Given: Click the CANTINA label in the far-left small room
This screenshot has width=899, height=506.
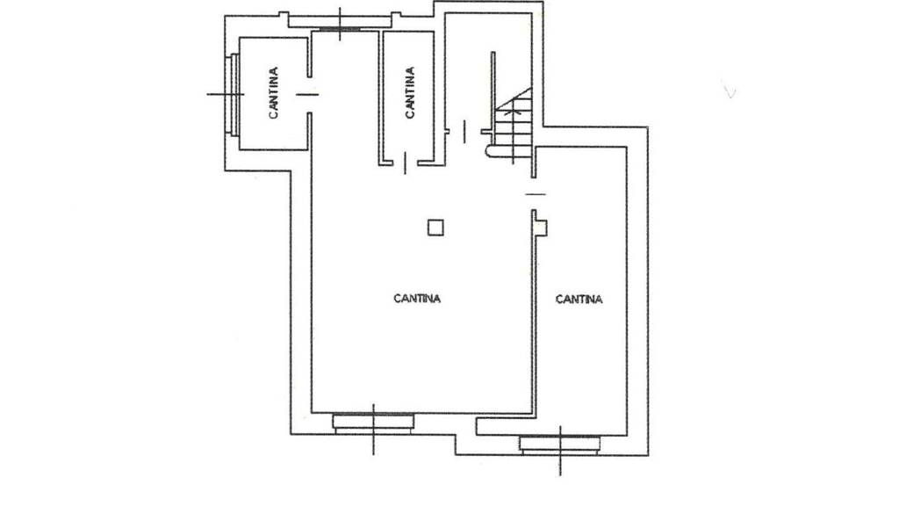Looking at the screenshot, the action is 274,93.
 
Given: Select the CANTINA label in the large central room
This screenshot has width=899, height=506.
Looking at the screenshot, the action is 417,299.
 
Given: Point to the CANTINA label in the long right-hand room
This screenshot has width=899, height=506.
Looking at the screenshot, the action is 579,299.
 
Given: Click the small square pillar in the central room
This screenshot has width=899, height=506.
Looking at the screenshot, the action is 435,228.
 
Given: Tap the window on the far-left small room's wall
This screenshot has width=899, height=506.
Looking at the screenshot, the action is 234,94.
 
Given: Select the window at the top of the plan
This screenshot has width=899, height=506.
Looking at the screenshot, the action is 340,27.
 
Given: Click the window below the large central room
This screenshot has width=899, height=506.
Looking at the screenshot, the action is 373,423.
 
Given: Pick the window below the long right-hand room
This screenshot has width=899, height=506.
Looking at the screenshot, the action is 560,445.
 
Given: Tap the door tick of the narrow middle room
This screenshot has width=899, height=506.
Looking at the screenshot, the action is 406,163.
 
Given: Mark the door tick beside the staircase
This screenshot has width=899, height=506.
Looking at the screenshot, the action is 464,132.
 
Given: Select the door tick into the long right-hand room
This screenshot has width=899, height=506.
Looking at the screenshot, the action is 536,194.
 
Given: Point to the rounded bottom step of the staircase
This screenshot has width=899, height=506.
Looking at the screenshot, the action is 489,150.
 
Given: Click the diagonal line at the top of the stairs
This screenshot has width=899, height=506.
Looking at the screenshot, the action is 514,98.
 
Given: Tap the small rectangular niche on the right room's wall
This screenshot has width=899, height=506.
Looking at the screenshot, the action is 541,228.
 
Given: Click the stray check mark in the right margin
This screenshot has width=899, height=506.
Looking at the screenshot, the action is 729,90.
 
